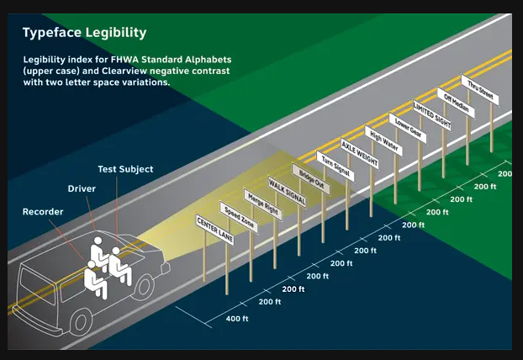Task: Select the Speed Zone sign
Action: pyautogui.click(x=238, y=216)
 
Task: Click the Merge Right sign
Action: pyautogui.click(x=261, y=204)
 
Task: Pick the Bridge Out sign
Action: pyautogui.click(x=310, y=178)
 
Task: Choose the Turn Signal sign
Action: pyautogui.click(x=335, y=165)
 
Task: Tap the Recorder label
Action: pyautogui.click(x=42, y=211)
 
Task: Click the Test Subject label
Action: pyautogui.click(x=124, y=169)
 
